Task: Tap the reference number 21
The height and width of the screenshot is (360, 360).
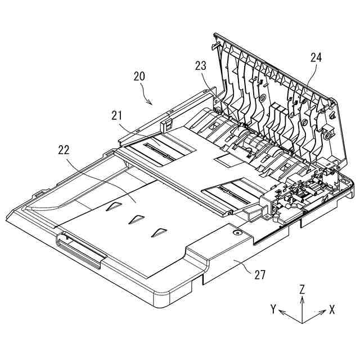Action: [x=117, y=116]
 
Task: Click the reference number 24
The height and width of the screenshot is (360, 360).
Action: [x=316, y=57]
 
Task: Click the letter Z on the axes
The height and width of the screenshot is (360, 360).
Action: [x=303, y=289]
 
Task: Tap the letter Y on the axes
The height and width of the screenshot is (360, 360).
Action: [x=273, y=308]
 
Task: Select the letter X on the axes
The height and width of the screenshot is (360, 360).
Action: [x=332, y=309]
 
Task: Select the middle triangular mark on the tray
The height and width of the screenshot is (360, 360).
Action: [x=136, y=218]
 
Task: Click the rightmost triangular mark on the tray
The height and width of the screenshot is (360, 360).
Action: [x=160, y=231]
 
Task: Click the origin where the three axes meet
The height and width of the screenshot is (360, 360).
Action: [x=303, y=323]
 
